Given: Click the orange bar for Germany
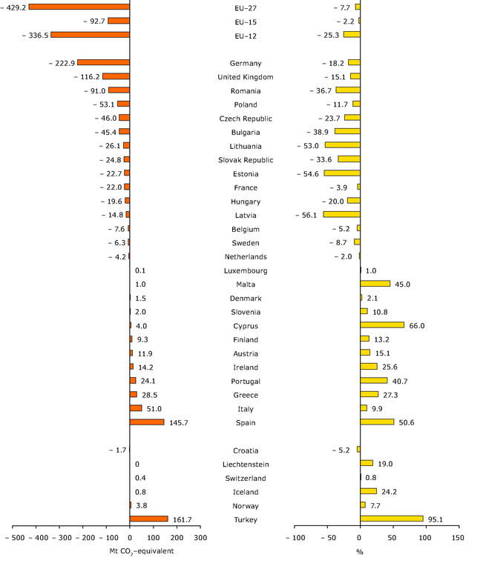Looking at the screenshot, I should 103,63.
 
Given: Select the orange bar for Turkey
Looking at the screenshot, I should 149,519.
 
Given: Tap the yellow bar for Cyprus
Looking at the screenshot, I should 382,325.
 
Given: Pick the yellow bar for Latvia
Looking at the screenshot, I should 341,215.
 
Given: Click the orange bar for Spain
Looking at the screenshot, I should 147,422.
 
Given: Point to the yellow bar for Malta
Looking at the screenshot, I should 375,284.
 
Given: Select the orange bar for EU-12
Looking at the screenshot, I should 90,35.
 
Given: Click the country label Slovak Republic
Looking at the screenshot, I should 246,160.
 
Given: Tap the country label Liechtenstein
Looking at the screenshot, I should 246,465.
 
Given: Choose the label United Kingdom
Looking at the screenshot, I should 246,77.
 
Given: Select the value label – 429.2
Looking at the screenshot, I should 13,7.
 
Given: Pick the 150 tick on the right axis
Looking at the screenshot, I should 458,537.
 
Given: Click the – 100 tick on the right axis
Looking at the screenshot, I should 295,537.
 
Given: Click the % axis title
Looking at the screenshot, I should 360,552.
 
